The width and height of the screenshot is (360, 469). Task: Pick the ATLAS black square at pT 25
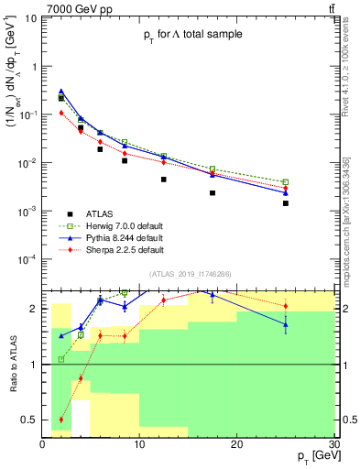pos(286,203)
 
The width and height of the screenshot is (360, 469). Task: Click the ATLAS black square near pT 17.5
pos(213,193)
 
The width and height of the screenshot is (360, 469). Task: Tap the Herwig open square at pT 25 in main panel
pos(286,182)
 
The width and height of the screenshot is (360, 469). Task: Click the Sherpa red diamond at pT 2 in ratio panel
pos(61,420)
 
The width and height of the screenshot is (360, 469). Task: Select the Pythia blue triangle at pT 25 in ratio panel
pos(286,324)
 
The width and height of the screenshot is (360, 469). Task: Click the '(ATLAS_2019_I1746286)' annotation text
pos(190,274)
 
